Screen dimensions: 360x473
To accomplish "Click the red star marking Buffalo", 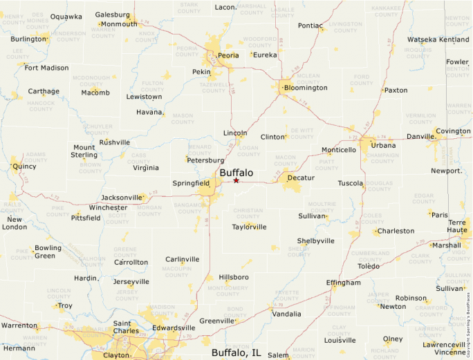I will [x=236, y=180].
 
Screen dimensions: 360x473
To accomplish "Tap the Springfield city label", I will [x=191, y=184].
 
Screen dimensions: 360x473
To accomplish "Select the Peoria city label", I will [x=228, y=55].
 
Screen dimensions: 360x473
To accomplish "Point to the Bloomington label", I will [x=306, y=88].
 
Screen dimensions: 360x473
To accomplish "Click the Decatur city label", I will [x=301, y=178].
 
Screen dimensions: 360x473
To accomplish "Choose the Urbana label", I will [x=383, y=145].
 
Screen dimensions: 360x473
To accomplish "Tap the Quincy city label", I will [x=24, y=166].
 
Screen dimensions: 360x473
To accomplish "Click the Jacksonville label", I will [x=122, y=198].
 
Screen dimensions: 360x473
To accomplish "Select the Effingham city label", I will [x=343, y=283].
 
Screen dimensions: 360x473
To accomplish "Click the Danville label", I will [x=421, y=137].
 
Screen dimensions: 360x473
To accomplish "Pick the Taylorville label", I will [x=250, y=227].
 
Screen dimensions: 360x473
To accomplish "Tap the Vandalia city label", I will [x=286, y=314].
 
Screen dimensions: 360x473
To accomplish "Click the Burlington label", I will [x=28, y=39].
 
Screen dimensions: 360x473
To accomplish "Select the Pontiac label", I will [x=310, y=26].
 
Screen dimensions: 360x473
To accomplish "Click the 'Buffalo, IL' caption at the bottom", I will [x=236, y=352].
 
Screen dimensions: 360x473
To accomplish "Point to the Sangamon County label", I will [x=188, y=209].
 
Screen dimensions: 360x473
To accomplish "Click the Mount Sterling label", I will [x=84, y=151].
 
